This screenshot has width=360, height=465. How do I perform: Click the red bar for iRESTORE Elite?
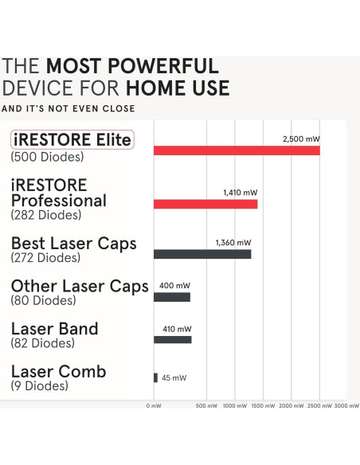(237, 150)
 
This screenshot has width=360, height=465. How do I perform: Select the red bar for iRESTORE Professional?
(205, 204)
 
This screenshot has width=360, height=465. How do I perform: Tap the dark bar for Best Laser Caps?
(202, 254)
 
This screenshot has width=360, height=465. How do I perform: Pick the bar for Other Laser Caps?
(172, 297)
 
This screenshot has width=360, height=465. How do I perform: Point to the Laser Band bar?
(173, 339)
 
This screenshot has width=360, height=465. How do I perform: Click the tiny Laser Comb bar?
(155, 377)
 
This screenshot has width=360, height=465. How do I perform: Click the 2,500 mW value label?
(301, 139)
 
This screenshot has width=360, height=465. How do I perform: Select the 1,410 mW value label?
(240, 193)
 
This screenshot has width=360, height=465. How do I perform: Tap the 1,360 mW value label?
(233, 243)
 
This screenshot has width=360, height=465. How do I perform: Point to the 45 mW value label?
(174, 377)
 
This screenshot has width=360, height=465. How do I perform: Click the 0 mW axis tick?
(154, 406)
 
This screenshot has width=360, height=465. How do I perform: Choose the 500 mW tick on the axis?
(206, 406)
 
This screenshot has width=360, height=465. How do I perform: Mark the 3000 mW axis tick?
(346, 406)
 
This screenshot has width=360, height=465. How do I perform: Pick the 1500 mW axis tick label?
(263, 406)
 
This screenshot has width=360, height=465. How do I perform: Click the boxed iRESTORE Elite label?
(72, 140)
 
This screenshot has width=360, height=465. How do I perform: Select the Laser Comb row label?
(58, 372)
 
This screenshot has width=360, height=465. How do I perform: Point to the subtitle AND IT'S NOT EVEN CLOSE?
(68, 108)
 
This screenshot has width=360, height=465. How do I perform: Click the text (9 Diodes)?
(39, 386)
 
